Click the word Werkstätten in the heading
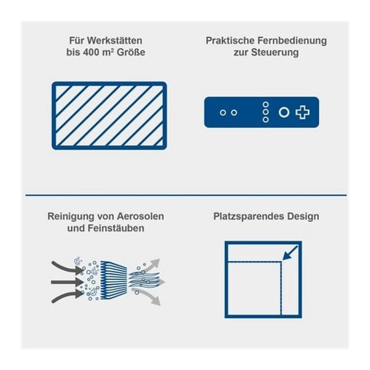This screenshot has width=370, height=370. [x=115, y=41]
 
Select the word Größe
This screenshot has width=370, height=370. [x=131, y=53]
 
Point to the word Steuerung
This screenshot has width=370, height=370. [x=275, y=53]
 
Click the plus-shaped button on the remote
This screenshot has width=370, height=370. [x=303, y=112]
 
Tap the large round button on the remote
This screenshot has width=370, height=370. [x=284, y=112]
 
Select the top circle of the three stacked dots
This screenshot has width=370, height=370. [x=266, y=104]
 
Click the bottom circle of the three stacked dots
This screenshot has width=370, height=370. [x=266, y=120]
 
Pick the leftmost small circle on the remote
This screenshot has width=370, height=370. [x=223, y=112]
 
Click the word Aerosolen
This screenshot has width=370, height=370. [x=141, y=216]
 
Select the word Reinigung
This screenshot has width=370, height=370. [x=71, y=217]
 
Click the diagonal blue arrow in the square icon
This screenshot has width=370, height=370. [x=290, y=253]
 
